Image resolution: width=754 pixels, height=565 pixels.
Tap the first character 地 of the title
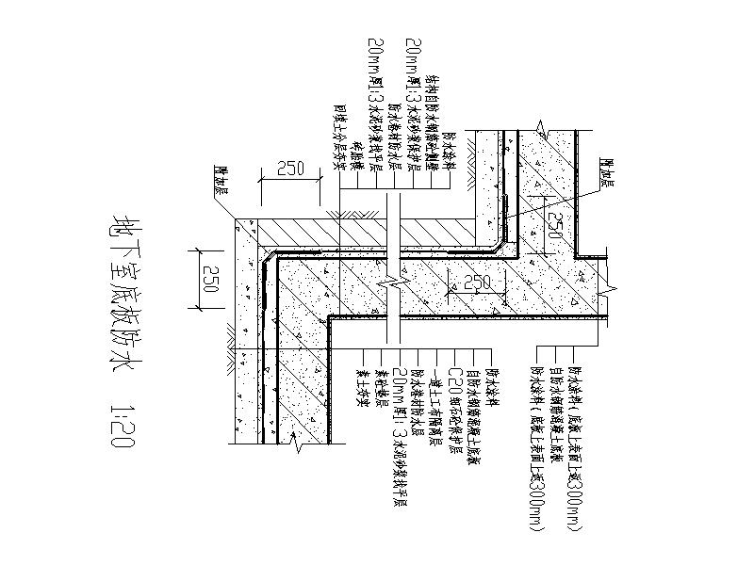[x=122, y=225]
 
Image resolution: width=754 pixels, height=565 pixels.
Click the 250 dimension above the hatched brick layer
[x=289, y=170]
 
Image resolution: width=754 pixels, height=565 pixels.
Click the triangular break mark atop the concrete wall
[x=538, y=124]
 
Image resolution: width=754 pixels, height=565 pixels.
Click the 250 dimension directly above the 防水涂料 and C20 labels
[x=477, y=282]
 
